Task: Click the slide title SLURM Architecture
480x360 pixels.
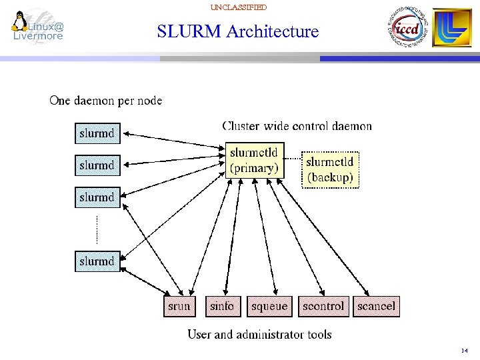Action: click(238, 31)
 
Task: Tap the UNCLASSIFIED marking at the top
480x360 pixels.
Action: click(238, 7)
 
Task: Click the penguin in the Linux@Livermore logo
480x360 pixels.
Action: click(19, 21)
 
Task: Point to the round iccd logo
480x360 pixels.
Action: click(405, 28)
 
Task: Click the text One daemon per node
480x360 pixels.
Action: click(105, 101)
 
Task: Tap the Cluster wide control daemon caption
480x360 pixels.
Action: click(297, 126)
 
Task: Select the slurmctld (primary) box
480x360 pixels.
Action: click(254, 161)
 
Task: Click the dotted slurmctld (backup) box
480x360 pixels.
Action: click(330, 169)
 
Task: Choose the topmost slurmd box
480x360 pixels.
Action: click(97, 133)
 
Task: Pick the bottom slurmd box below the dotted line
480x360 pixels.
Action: click(97, 261)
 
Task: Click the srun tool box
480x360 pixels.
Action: click(179, 307)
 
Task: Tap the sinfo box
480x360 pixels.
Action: click(222, 307)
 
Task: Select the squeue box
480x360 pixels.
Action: click(269, 307)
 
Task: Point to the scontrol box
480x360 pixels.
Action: click(323, 307)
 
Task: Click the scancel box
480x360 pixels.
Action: click(376, 307)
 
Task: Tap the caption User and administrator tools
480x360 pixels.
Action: click(259, 335)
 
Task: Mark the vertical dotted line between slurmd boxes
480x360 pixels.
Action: click(97, 229)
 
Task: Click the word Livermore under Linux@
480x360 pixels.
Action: click(38, 36)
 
